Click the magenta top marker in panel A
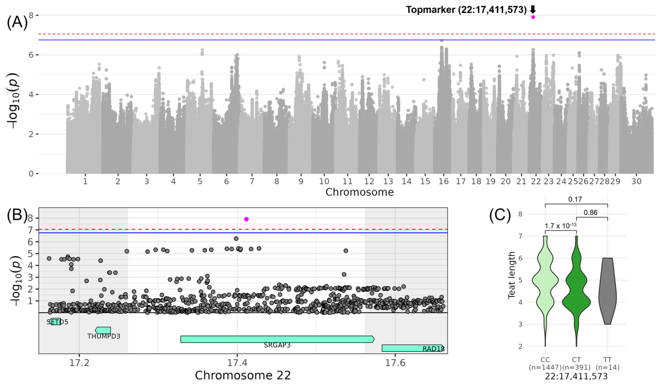coord(533,17)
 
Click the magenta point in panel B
coord(246,219)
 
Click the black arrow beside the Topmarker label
coord(533,10)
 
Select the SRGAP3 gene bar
coord(277,339)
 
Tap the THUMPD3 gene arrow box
coord(103,330)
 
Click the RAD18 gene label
coord(433,349)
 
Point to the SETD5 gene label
coord(57,322)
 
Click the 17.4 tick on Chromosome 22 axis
coord(237,363)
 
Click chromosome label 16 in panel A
coord(444,181)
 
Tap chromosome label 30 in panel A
coord(636,181)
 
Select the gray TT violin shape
coord(607,293)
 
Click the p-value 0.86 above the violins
coord(590,213)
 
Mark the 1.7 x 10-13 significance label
coord(561,226)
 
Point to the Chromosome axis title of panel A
coord(359,192)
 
